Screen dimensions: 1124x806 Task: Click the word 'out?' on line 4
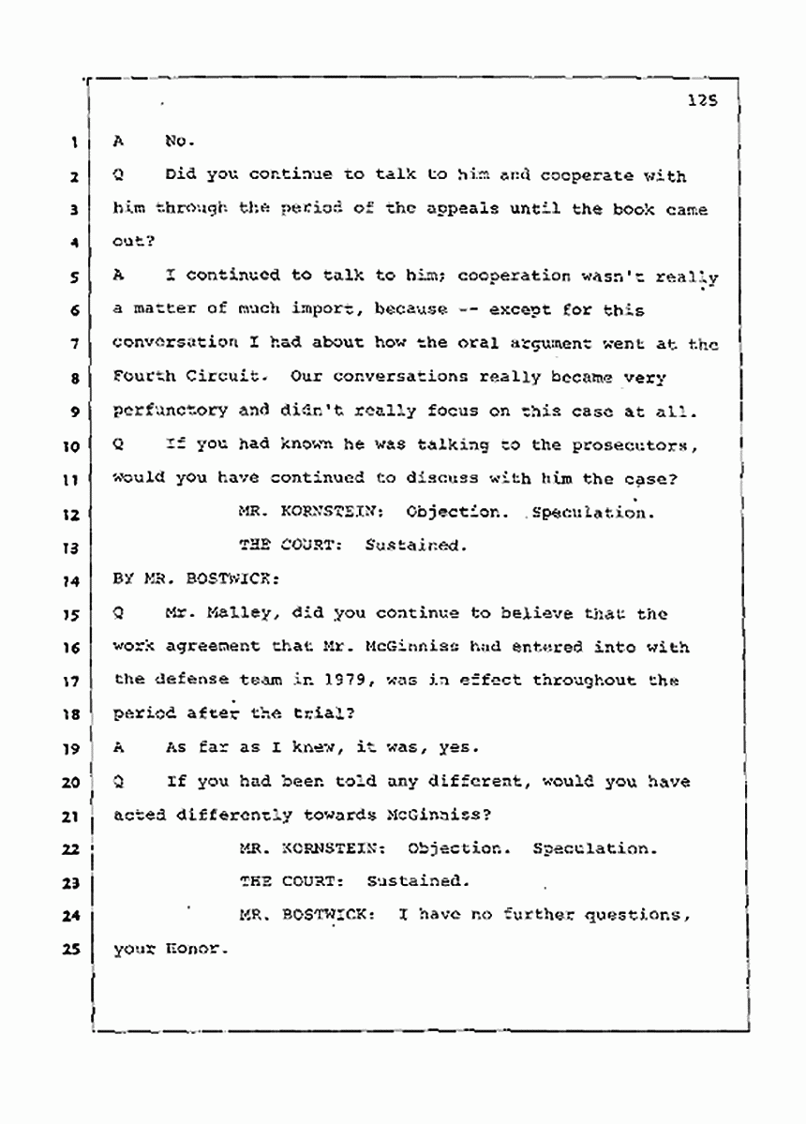(x=129, y=243)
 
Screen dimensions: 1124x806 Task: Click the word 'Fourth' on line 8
(x=142, y=377)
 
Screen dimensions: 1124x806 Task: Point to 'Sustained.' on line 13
(x=415, y=546)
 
